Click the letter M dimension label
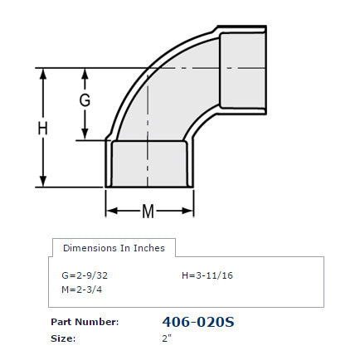pos(148,211)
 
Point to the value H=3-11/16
pos(207,275)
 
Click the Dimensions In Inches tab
pos(114,248)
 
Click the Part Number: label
pos(85,322)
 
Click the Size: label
pos(63,338)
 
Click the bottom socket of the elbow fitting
pos(149,163)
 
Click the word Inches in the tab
pos(148,248)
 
